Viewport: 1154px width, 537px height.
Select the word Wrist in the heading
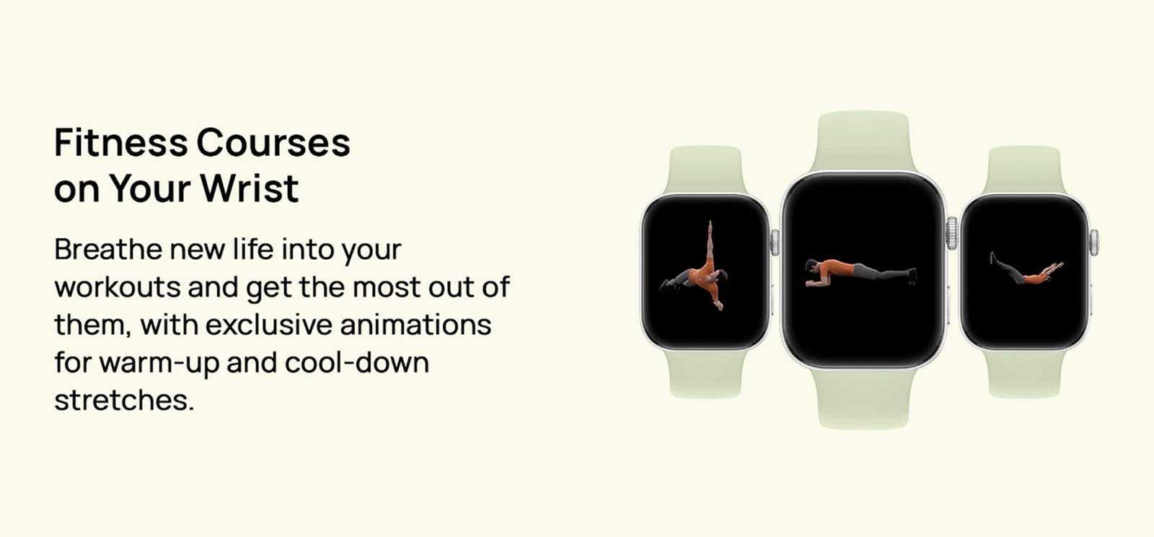tap(250, 188)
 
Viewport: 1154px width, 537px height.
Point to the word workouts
tap(118, 287)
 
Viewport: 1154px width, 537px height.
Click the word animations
tap(415, 325)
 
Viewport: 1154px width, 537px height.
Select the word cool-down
tap(357, 362)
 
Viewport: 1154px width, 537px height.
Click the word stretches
tap(124, 401)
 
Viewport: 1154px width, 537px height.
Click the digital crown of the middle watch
tap(953, 233)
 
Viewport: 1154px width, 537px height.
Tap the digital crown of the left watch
tap(775, 243)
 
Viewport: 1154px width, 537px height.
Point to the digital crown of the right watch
tap(1094, 243)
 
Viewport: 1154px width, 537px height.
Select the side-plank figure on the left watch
tap(695, 266)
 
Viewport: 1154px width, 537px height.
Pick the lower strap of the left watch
tap(705, 375)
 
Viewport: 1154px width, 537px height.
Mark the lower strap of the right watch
tap(1025, 375)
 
